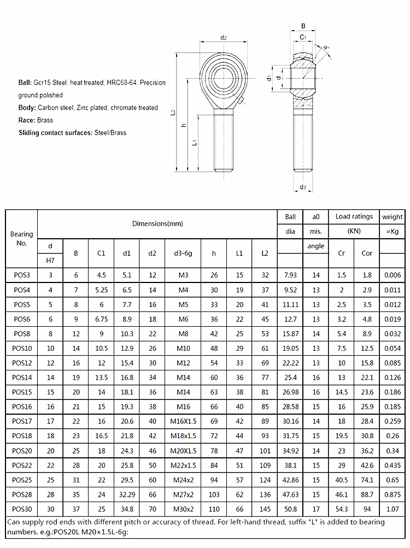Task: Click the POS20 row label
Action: [x=22, y=451]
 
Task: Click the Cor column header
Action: [x=367, y=253]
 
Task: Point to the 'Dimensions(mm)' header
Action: [x=157, y=223]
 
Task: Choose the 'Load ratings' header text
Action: [x=354, y=216]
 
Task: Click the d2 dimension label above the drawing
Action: [x=223, y=38]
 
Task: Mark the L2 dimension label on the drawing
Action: [x=173, y=112]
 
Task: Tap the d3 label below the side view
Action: [x=302, y=187]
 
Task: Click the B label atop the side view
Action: [x=303, y=26]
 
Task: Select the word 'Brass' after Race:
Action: [x=45, y=120]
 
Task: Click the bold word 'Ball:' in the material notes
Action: [x=25, y=83]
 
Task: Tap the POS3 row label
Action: [x=22, y=274]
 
